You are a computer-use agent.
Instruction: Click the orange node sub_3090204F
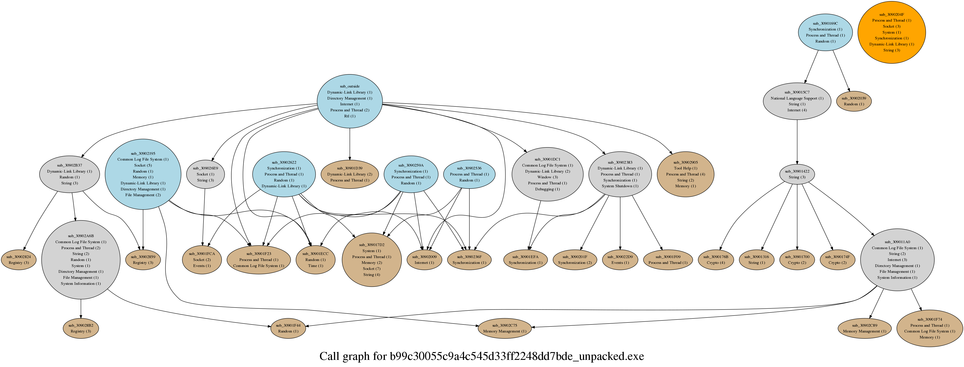coord(891,32)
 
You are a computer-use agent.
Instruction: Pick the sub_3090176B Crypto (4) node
coord(715,260)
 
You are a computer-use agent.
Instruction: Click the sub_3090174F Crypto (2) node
coord(838,260)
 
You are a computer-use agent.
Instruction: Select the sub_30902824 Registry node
coord(19,260)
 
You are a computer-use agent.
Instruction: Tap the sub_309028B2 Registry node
coord(81,328)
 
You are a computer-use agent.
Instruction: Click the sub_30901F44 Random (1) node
coord(288,328)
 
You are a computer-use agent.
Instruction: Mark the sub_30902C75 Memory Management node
coord(504,328)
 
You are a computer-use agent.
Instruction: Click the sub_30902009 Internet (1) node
coord(424,260)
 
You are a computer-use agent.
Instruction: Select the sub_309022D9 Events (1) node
coord(620,260)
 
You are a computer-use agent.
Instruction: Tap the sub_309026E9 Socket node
coord(205,174)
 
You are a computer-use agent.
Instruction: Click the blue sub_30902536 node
coord(469,174)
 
